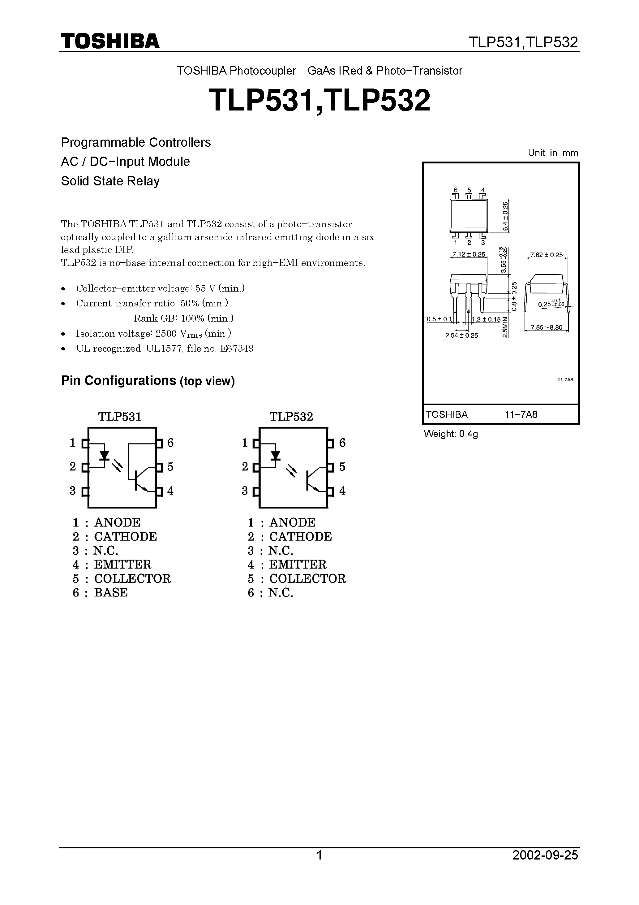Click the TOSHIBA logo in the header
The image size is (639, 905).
tap(110, 41)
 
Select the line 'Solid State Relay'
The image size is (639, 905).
tap(110, 181)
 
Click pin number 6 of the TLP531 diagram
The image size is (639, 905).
tap(170, 443)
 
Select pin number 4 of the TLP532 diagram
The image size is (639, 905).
tap(342, 491)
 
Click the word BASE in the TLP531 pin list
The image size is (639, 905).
tap(111, 593)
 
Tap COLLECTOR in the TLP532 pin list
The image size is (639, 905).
tap(307, 579)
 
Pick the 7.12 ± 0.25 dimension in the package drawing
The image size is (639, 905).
tap(468, 255)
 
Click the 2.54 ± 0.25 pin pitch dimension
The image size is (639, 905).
tap(461, 336)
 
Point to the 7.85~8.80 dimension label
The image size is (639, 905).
tap(547, 327)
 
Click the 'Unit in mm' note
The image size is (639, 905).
tap(553, 153)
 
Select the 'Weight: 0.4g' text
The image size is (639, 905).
tap(451, 434)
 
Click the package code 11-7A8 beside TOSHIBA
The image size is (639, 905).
tap(521, 415)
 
